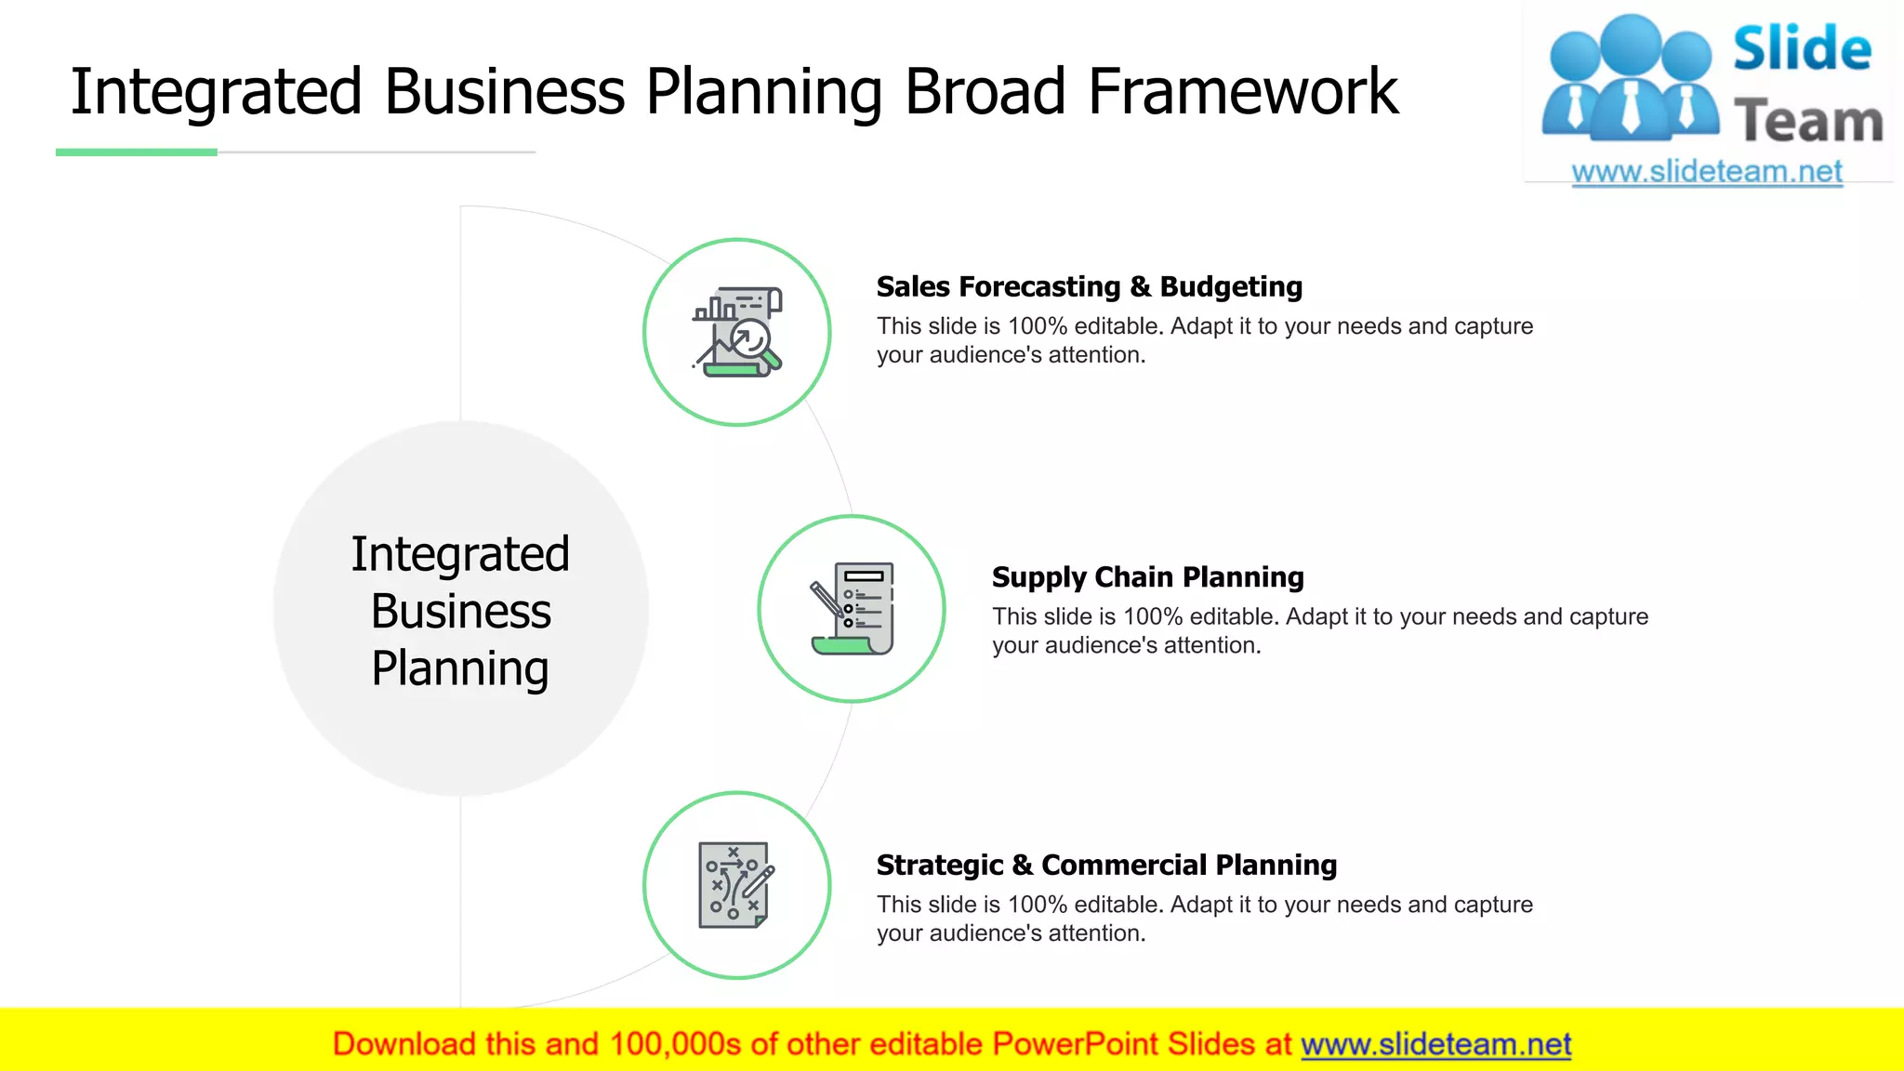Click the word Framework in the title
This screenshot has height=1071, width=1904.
1242,91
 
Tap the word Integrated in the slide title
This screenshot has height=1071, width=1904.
216,91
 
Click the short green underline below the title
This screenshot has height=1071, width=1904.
137,152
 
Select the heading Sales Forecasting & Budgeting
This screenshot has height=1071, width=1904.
1089,286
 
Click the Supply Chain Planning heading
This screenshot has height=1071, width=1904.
1147,576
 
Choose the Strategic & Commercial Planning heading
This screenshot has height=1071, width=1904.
1106,865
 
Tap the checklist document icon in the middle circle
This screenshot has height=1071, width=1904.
863,607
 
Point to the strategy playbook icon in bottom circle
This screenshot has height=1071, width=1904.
734,885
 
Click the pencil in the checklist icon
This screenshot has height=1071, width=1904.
826,600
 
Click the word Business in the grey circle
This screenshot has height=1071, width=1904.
461,611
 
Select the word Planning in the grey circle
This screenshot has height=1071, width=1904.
461,668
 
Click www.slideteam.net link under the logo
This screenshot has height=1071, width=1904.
1706,171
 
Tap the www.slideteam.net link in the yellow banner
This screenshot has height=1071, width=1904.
1435,1044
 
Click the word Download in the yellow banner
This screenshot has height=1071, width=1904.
403,1044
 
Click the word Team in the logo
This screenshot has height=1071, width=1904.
1807,121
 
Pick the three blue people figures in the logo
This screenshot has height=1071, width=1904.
1630,79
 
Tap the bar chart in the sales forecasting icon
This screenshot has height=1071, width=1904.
714,308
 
